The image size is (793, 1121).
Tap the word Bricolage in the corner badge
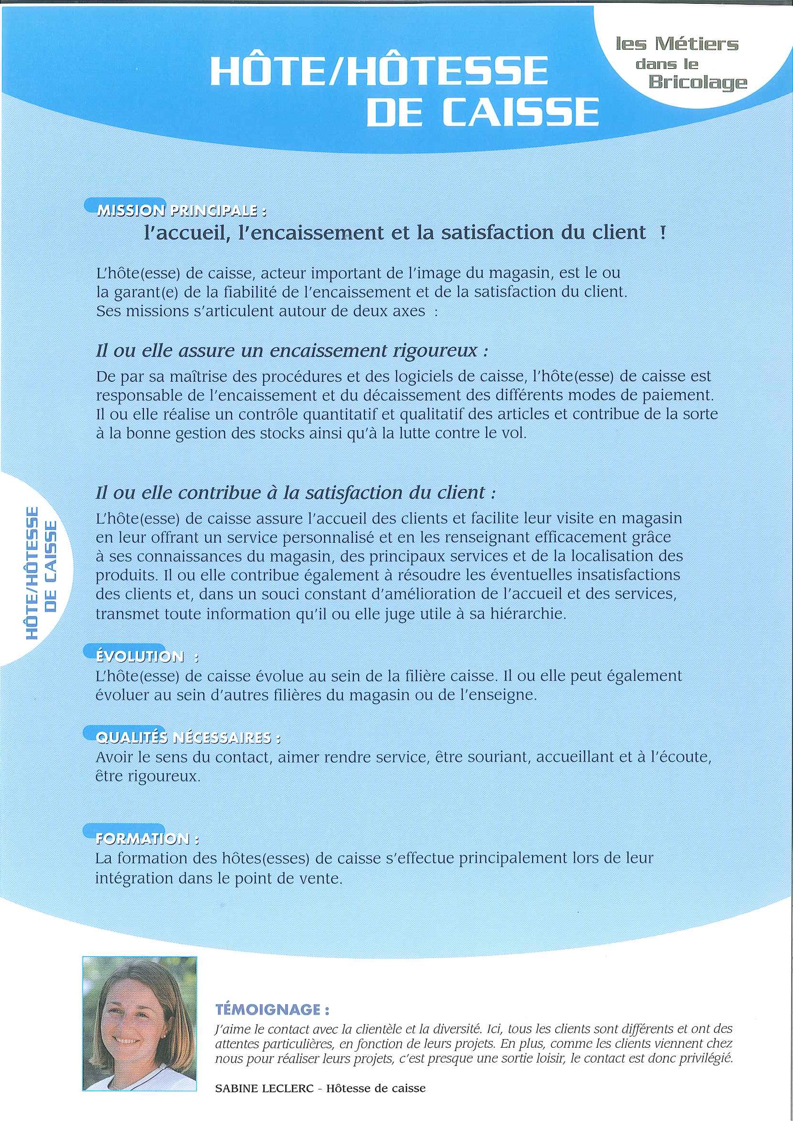[697, 82]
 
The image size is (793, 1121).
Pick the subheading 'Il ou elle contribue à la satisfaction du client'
[296, 492]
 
